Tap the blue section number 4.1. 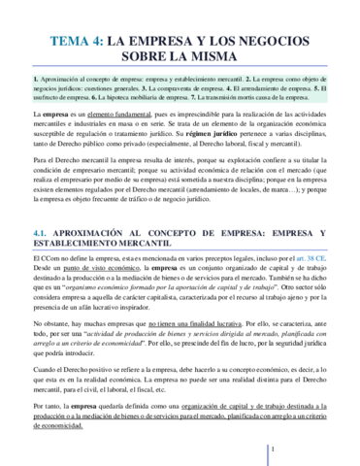click(x=46, y=207)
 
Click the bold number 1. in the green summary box click(x=36, y=76)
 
